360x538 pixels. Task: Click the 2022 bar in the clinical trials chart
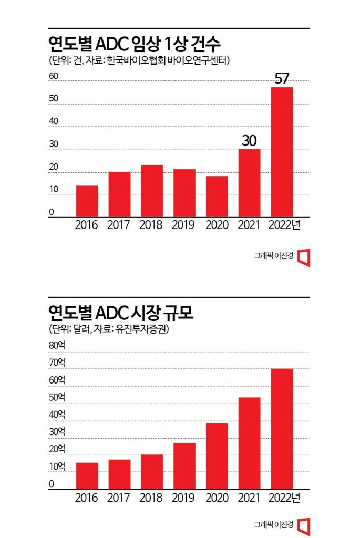pyautogui.click(x=282, y=152)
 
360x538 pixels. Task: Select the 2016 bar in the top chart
pyautogui.click(x=87, y=201)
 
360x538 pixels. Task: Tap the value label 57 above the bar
pyautogui.click(x=282, y=79)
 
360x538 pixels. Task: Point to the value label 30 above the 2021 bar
pyautogui.click(x=249, y=141)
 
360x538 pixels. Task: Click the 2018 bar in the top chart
pyautogui.click(x=152, y=191)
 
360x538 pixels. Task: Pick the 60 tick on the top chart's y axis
pyautogui.click(x=54, y=76)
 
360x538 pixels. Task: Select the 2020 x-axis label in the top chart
pyautogui.click(x=217, y=225)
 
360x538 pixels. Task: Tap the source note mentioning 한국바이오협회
pyautogui.click(x=139, y=60)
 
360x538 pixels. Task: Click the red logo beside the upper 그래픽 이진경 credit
pyautogui.click(x=304, y=257)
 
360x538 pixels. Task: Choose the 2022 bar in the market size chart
pyautogui.click(x=282, y=429)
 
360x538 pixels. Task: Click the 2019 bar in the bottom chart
pyautogui.click(x=184, y=466)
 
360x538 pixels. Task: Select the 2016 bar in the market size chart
pyautogui.click(x=87, y=476)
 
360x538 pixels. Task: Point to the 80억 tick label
pyautogui.click(x=57, y=345)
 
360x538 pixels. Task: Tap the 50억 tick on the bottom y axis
pyautogui.click(x=57, y=397)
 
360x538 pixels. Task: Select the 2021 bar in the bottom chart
pyautogui.click(x=249, y=443)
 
